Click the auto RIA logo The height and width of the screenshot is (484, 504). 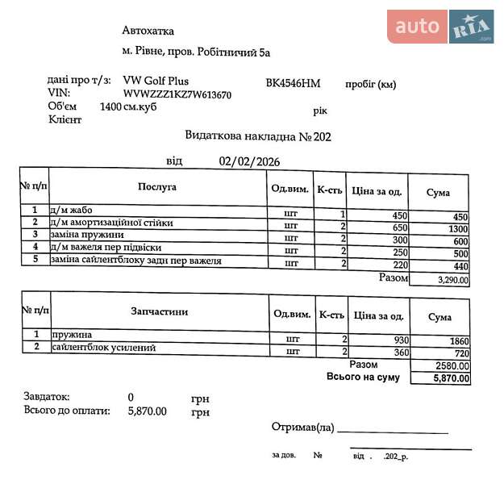[439, 27]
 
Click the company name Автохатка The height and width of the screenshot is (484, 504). [148, 31]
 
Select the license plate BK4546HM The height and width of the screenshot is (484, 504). [293, 83]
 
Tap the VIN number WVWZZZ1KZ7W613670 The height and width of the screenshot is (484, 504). [177, 95]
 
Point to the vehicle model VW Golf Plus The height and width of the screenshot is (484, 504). [157, 81]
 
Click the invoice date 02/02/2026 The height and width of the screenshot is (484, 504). [249, 161]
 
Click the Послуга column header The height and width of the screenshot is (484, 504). [156, 187]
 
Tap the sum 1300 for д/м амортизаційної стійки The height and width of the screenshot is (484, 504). [456, 229]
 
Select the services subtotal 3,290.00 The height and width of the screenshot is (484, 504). [452, 280]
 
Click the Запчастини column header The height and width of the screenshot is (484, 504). [159, 311]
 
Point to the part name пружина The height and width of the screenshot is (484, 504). [73, 335]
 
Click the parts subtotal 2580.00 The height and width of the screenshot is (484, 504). [452, 365]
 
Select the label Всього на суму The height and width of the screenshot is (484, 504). [362, 377]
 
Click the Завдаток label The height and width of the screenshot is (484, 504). [48, 397]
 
